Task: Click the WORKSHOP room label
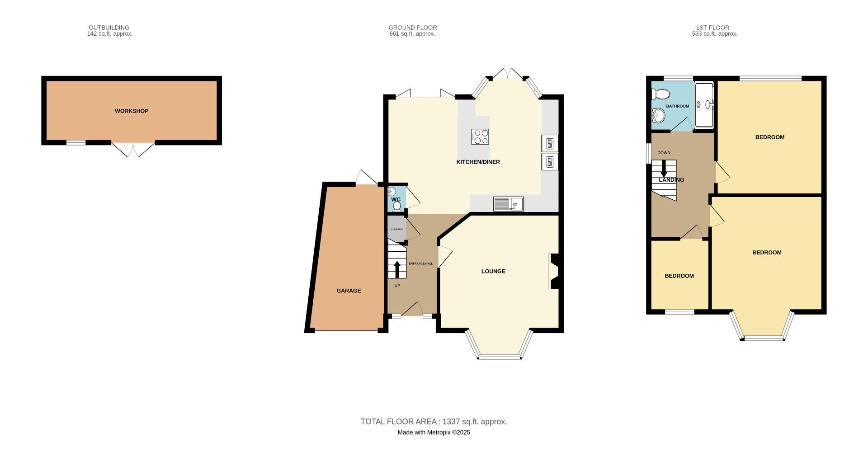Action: click(x=131, y=111)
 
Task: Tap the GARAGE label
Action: click(x=349, y=291)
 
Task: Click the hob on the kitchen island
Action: click(x=480, y=136)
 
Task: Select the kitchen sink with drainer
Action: click(x=508, y=204)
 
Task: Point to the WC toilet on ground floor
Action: click(x=397, y=207)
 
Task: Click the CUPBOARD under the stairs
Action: click(x=397, y=229)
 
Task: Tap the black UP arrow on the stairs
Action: click(x=397, y=269)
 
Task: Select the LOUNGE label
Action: click(x=493, y=272)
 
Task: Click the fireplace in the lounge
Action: click(x=553, y=271)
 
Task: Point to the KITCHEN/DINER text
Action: click(x=478, y=162)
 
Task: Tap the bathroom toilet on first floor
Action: click(x=660, y=94)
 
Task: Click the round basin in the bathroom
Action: click(x=658, y=116)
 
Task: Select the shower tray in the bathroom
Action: click(x=703, y=105)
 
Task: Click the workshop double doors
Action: click(x=133, y=149)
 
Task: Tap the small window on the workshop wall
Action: click(x=76, y=143)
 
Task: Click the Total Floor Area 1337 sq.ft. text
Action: click(x=434, y=422)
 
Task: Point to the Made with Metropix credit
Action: click(x=434, y=432)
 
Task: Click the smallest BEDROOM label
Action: click(x=679, y=276)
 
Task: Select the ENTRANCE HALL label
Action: click(x=420, y=263)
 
